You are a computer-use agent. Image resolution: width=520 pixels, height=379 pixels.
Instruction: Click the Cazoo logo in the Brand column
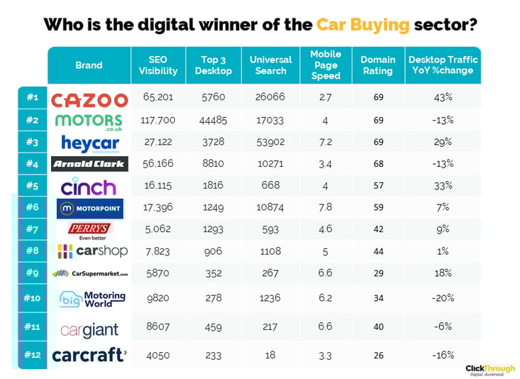pyautogui.click(x=89, y=100)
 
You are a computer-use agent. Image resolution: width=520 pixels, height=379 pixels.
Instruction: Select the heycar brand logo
pyautogui.click(x=89, y=142)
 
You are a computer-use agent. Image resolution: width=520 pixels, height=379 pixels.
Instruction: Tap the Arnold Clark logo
pyautogui.click(x=89, y=164)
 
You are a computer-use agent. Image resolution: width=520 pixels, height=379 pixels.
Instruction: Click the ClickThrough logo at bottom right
pyautogui.click(x=489, y=370)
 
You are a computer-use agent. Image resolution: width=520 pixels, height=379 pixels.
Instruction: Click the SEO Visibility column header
pyautogui.click(x=157, y=65)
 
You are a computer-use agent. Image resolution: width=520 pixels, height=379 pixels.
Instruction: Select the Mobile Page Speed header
pyautogui.click(x=326, y=65)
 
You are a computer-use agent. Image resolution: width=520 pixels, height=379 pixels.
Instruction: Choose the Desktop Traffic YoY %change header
pyautogui.click(x=443, y=65)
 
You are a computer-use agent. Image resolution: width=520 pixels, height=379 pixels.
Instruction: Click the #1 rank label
pyautogui.click(x=32, y=99)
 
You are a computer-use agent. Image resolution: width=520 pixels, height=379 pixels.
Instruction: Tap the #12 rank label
pyautogui.click(x=32, y=354)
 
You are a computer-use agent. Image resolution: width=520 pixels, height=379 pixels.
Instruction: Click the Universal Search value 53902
pyautogui.click(x=270, y=143)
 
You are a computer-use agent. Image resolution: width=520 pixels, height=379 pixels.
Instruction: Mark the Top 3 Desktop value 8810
pyautogui.click(x=213, y=164)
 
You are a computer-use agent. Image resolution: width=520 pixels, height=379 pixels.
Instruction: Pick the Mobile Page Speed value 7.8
pyautogui.click(x=325, y=207)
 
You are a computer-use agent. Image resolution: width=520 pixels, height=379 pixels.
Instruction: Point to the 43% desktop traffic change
pyautogui.click(x=443, y=99)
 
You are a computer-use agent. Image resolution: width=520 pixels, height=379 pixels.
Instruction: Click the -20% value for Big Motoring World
pyautogui.click(x=443, y=298)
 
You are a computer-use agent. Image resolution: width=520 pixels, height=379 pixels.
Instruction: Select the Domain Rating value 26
pyautogui.click(x=378, y=354)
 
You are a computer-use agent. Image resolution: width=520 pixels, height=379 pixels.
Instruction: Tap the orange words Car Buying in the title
pyautogui.click(x=363, y=25)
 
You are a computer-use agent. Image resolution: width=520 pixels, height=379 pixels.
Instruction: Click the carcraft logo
pyautogui.click(x=89, y=355)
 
